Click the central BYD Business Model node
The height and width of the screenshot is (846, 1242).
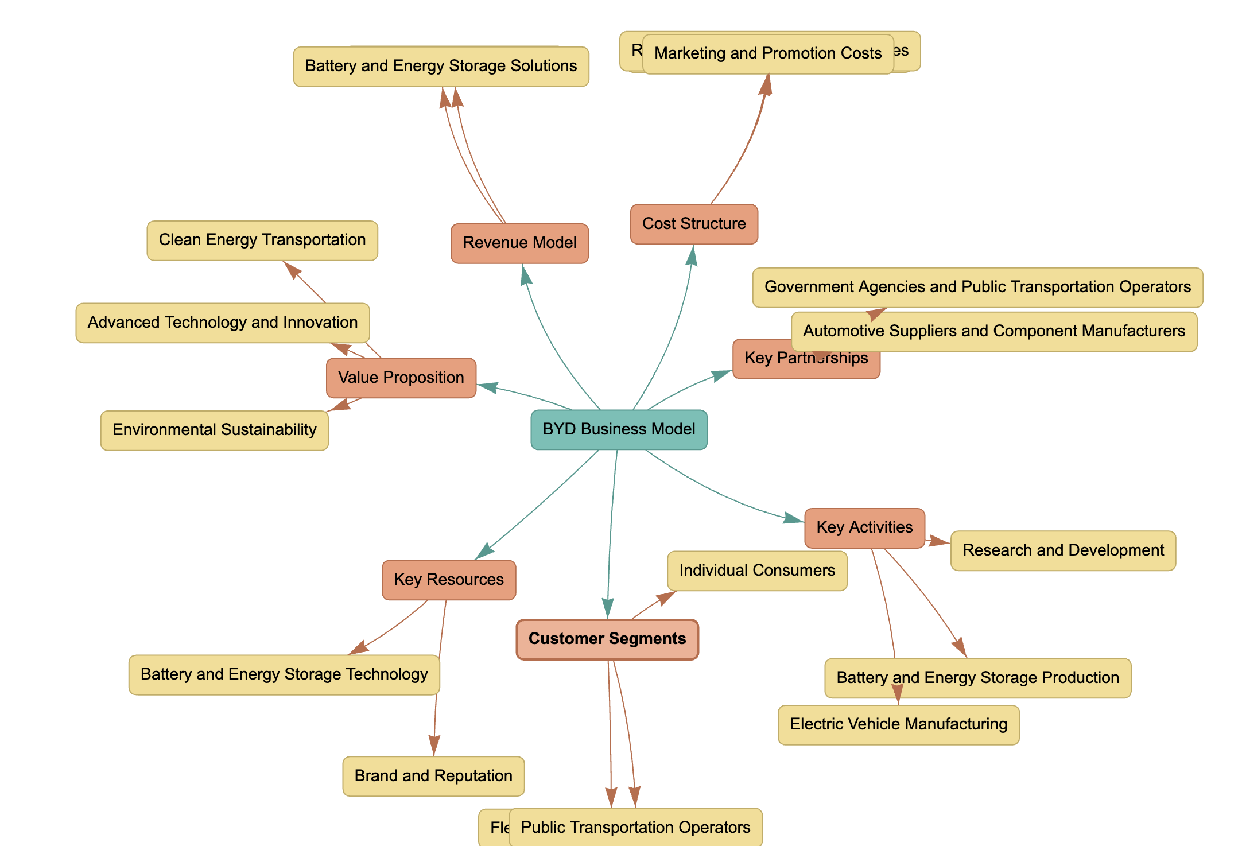tap(619, 429)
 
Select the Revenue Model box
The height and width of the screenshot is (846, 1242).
tap(519, 243)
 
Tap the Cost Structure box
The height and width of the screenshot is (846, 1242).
tap(693, 224)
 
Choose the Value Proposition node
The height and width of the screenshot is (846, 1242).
tap(401, 378)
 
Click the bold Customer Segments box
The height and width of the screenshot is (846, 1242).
tap(607, 639)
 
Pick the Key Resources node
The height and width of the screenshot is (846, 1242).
tap(448, 580)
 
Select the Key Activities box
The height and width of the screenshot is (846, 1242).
tap(864, 527)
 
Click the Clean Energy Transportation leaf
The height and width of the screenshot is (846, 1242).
tap(262, 240)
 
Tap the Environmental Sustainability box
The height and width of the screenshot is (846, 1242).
tap(214, 430)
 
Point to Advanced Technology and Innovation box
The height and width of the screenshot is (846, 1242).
tap(222, 323)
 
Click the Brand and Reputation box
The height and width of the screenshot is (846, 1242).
tap(433, 776)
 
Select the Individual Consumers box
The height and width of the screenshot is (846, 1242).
tap(756, 571)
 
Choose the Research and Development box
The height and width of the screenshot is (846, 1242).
tap(1062, 550)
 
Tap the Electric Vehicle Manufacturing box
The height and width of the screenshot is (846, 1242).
tap(898, 724)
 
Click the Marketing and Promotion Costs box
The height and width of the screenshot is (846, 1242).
tap(767, 53)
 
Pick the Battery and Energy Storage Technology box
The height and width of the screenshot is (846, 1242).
tap(284, 674)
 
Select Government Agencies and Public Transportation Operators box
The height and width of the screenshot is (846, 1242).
tap(977, 287)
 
